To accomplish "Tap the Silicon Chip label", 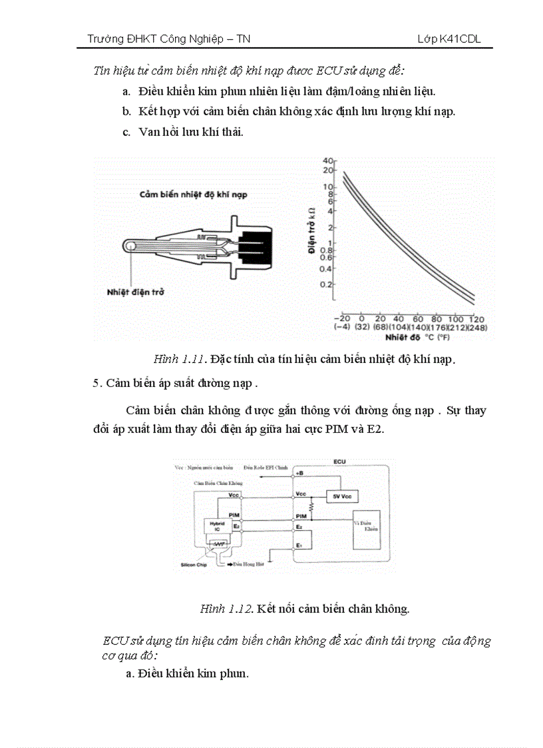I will (194, 565).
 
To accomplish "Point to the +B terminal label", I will (299, 473).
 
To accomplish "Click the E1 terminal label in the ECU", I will (299, 546).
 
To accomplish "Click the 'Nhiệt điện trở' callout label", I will (136, 292).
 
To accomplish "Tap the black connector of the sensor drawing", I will (252, 245).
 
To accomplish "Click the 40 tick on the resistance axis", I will (327, 161).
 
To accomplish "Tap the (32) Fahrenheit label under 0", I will (362, 326).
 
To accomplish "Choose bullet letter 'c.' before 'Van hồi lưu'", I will (126, 132).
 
